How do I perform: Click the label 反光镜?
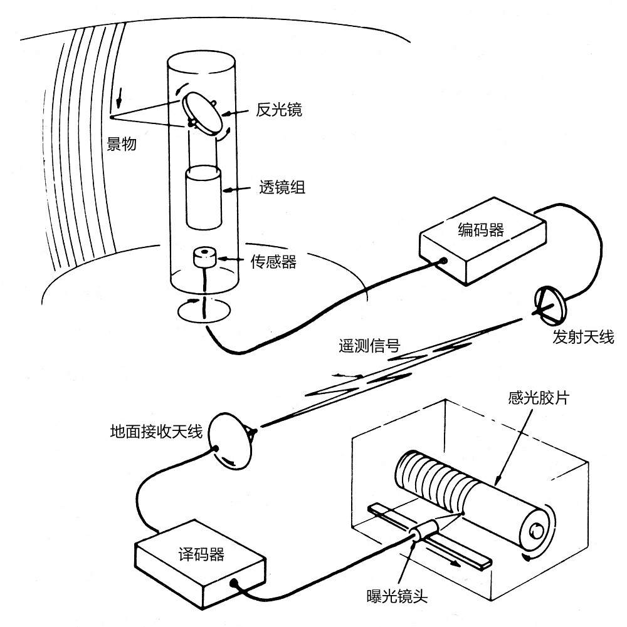tap(279, 111)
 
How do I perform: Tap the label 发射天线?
tap(583, 338)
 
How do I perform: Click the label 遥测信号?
tap(372, 345)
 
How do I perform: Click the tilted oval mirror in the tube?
tap(204, 113)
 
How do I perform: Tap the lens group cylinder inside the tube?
tap(204, 197)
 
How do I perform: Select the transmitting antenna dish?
tap(549, 304)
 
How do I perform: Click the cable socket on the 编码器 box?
tap(444, 261)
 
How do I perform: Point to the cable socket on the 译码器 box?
tap(234, 583)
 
